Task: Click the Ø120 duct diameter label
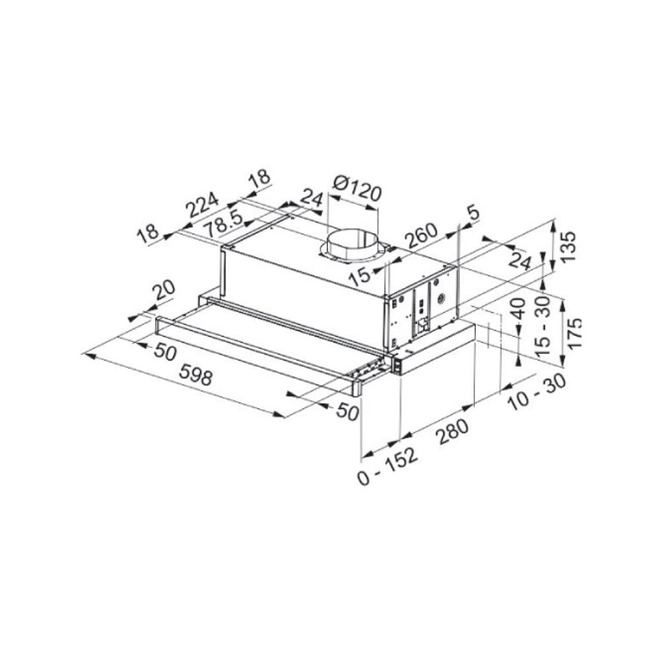click(357, 189)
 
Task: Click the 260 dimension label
click(421, 236)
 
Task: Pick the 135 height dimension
click(568, 246)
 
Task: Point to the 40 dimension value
click(519, 309)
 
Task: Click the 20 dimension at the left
click(163, 290)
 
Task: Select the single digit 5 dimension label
click(473, 213)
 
